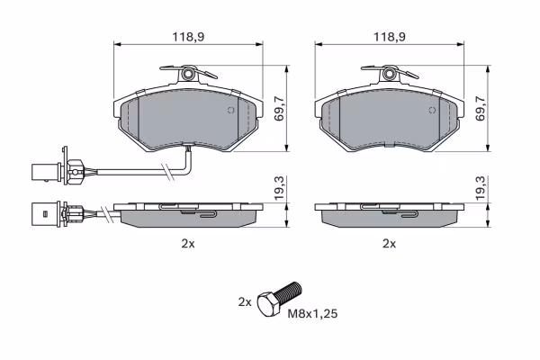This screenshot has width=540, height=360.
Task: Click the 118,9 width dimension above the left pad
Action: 188,37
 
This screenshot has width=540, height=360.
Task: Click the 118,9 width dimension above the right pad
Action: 390,37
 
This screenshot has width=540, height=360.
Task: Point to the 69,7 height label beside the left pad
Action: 279,109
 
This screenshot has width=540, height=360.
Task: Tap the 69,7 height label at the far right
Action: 480,109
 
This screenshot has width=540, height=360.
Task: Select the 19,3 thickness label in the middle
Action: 279,188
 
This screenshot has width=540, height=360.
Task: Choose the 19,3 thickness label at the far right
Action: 480,188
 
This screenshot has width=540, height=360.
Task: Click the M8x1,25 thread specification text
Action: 312,314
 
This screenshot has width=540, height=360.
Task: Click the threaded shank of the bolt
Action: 290,292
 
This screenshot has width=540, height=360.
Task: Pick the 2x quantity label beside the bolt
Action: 245,302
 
